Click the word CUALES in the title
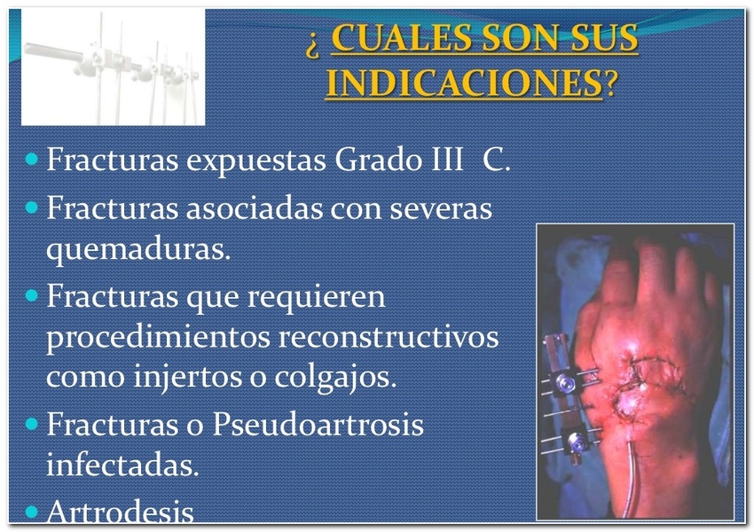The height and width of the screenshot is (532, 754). tap(403, 37)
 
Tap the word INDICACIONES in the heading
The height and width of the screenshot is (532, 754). tap(464, 83)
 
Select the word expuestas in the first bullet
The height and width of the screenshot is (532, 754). tap(256, 160)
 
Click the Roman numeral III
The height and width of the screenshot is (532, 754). tap(447, 159)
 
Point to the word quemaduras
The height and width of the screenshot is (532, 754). tap(138, 249)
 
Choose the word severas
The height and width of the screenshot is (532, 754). tap(441, 209)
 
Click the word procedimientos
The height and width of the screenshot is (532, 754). tap(158, 335)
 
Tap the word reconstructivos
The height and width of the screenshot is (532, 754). tap(389, 336)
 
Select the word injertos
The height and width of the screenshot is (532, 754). tap(187, 376)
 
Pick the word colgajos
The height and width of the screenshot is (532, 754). tap(335, 376)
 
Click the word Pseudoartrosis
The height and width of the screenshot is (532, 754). tap(318, 424)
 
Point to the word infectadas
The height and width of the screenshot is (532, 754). tap(122, 465)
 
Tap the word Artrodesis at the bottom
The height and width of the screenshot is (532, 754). tap(120, 511)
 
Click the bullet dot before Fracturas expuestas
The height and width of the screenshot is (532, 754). tap(32, 159)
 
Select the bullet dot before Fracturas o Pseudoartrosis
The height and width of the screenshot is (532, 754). tap(32, 424)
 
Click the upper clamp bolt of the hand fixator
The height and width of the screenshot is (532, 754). tap(564, 383)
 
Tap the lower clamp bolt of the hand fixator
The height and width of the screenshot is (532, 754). tap(575, 442)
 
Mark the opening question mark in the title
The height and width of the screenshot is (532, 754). tap(312, 46)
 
